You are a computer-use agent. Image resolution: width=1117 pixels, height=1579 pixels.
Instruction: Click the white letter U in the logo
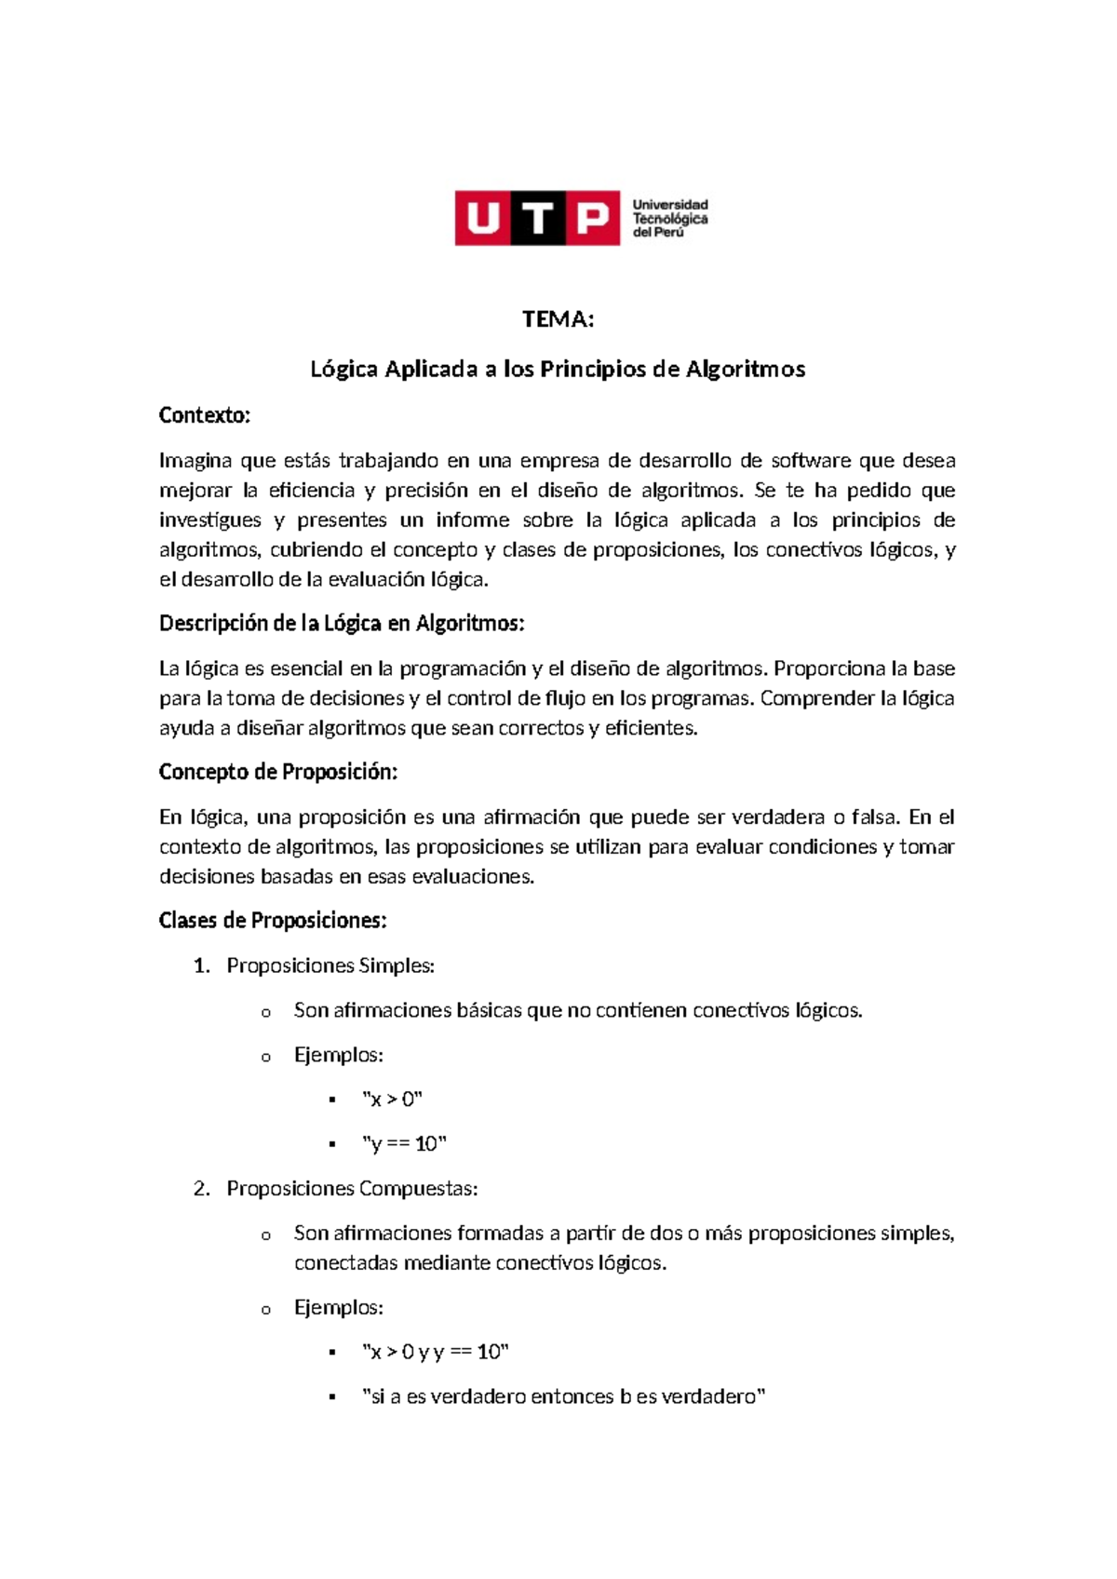482,219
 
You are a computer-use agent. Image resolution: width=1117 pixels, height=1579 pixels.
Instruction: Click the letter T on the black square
537,219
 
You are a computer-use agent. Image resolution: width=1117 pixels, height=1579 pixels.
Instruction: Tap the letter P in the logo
592,219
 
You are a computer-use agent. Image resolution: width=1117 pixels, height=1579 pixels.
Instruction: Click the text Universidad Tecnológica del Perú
670,219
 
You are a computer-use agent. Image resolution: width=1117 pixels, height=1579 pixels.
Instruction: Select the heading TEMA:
558,319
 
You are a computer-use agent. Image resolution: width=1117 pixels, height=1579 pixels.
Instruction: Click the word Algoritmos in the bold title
745,370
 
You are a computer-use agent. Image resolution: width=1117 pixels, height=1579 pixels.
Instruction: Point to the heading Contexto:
205,415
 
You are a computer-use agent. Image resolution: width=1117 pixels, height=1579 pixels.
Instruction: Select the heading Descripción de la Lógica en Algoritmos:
342,624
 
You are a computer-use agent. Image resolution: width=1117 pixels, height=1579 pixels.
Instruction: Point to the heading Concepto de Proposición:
278,772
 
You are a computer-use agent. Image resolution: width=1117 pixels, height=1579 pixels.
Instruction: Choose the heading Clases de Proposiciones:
273,921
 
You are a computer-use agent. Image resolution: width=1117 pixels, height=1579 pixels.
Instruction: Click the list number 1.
201,966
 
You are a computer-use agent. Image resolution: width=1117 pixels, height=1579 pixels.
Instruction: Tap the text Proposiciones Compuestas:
352,1189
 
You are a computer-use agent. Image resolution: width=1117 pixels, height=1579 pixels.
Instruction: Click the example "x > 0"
392,1100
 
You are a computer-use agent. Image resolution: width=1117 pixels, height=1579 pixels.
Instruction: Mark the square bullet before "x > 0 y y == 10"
332,1353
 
